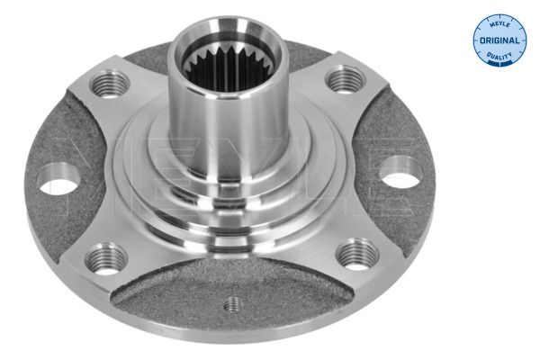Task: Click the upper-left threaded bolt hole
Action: coord(110,84)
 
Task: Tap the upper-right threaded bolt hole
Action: coord(346,80)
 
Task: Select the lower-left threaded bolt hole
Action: coord(106,259)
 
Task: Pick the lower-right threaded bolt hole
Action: coord(357,254)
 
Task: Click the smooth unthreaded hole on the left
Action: coord(58,179)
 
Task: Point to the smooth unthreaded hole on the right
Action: coord(401,172)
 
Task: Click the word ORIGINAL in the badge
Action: coord(499,40)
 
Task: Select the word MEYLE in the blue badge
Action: coord(499,25)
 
